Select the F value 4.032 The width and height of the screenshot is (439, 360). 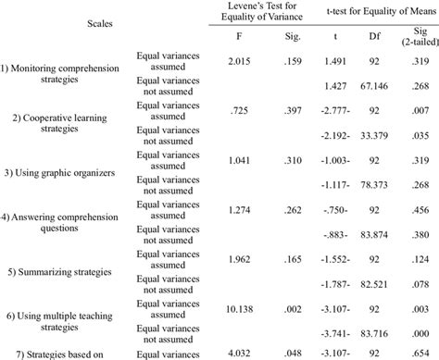tap(212, 352)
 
